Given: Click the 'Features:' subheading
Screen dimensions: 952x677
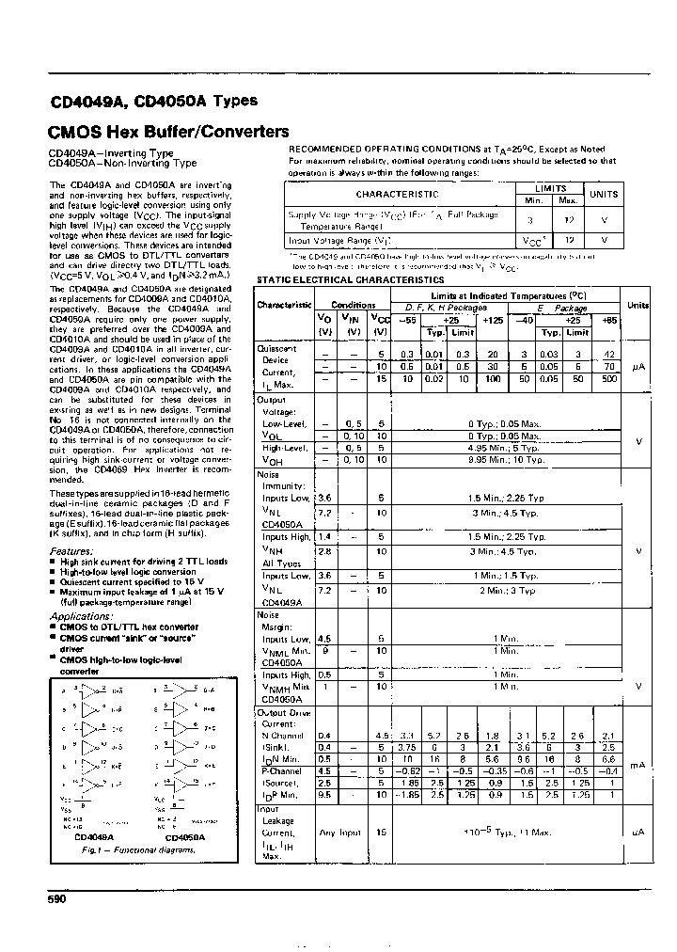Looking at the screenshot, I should coord(71,551).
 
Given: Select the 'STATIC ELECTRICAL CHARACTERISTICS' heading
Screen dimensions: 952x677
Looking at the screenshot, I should coord(350,280).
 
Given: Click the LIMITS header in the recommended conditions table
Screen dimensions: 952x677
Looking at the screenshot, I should coord(548,188).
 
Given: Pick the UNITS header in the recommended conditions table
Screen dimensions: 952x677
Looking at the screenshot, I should coord(603,194).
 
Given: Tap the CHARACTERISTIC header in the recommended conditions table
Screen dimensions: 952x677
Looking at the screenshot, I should coord(397,194).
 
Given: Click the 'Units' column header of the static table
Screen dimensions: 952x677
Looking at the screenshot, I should coord(638,306).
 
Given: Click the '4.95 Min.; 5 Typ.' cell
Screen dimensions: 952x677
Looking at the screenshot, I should coord(505,449).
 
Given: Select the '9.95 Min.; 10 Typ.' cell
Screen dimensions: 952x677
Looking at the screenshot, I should coord(505,460).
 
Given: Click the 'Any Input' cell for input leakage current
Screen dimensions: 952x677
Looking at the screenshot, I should coord(339,833).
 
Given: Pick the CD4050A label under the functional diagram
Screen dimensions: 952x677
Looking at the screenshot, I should coord(184,837).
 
